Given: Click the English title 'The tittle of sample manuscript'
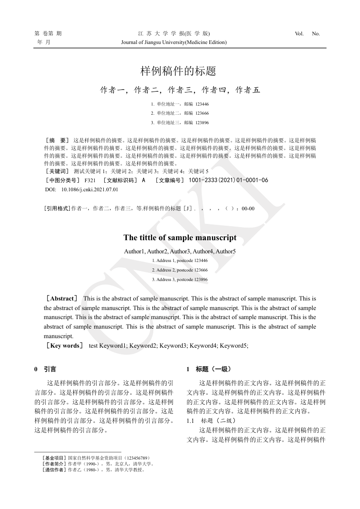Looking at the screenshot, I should point(180,238).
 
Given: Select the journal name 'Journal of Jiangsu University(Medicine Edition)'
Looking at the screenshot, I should point(174,42).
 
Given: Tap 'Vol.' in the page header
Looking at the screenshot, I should point(299,34).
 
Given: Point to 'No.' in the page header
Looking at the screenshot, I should point(316,34).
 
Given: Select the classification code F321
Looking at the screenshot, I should point(90,180).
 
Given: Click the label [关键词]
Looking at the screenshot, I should point(57,171).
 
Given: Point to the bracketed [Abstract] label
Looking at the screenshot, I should point(62,299).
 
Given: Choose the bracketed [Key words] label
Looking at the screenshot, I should point(64,346).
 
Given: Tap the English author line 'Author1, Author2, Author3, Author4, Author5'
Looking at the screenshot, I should point(180,251).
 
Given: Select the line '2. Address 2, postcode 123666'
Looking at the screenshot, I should point(180,270).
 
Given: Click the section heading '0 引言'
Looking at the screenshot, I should point(45,369).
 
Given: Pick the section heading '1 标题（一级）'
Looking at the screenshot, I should point(209,369).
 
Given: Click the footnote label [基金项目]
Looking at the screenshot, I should point(54,458).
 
